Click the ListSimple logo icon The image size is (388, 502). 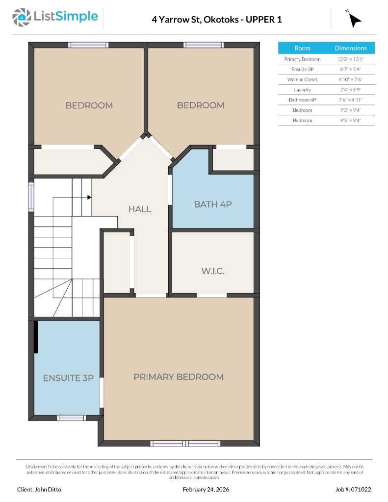21,17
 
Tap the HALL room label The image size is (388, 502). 140,209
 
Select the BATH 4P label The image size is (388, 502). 213,204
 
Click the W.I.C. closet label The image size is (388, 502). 213,271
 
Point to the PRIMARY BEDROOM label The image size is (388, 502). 179,377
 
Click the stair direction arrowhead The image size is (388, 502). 89,197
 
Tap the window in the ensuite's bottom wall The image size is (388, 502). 71,418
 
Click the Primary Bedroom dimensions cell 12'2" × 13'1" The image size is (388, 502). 351,59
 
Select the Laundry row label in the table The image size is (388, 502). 302,90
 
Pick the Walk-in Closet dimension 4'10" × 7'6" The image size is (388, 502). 351,79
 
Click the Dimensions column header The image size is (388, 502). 351,48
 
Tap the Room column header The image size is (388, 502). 302,48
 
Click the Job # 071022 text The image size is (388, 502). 353,489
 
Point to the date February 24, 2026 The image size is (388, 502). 206,489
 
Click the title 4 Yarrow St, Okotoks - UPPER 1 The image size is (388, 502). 217,20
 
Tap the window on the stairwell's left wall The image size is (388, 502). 31,197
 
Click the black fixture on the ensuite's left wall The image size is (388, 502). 36,337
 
